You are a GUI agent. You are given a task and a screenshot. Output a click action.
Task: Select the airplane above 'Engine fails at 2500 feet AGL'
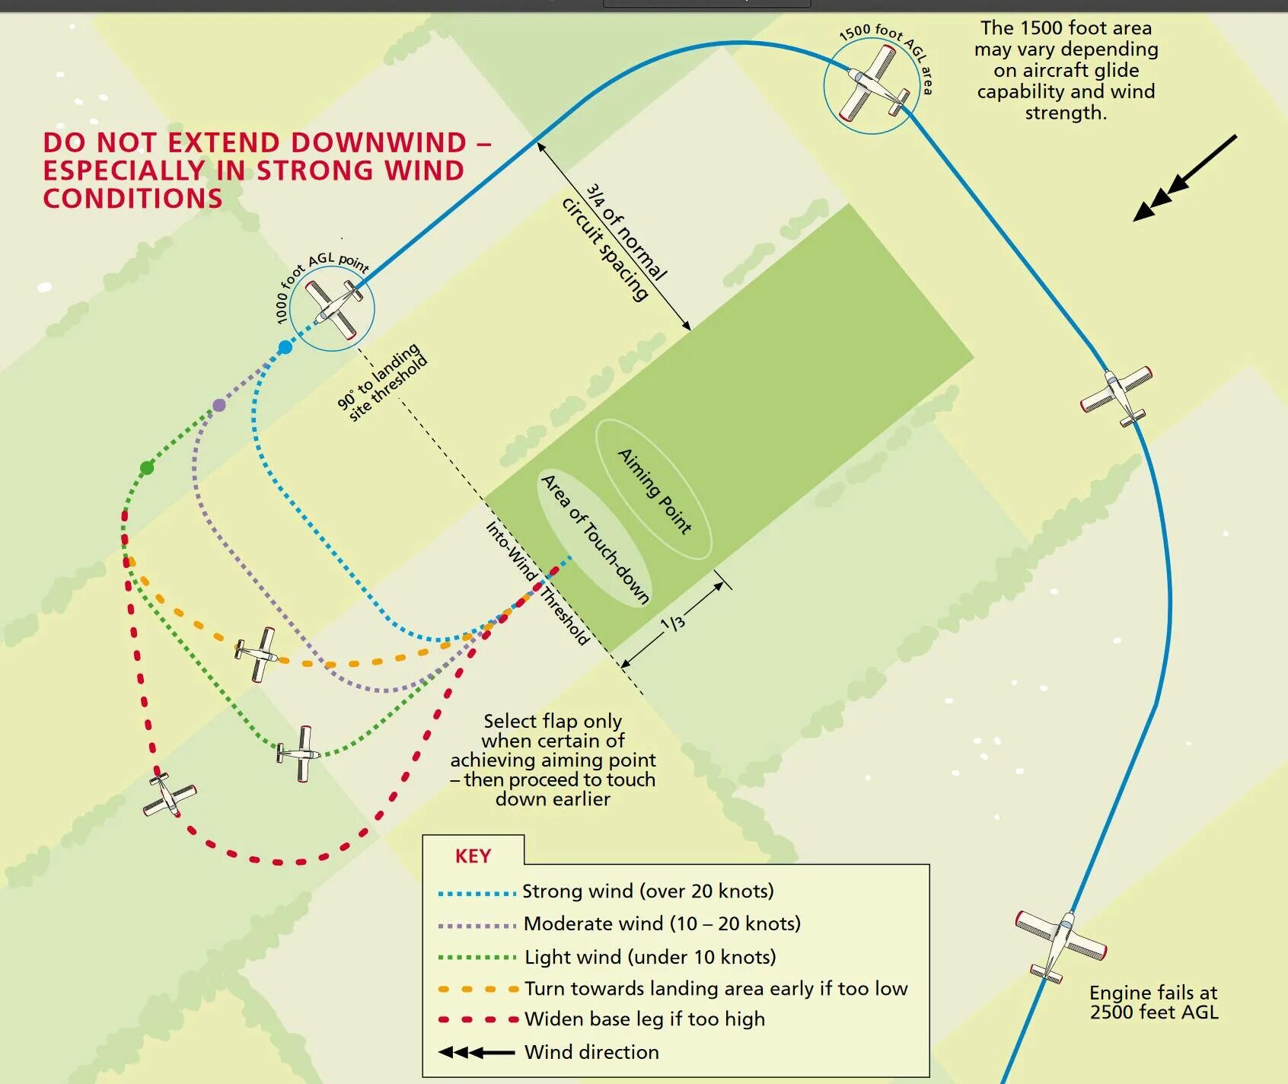pos(1060,944)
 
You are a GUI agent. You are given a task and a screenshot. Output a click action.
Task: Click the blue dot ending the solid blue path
pos(285,347)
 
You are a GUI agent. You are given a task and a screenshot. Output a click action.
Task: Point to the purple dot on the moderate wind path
pos(219,405)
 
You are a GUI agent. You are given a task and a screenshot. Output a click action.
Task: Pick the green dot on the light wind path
pos(147,467)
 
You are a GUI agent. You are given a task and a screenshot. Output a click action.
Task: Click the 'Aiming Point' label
pos(654,491)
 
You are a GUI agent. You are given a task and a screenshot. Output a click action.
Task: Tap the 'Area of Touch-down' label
pos(595,538)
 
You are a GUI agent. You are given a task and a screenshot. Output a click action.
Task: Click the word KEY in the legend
pos(473,856)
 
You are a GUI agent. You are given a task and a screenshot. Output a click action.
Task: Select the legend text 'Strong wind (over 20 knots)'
pos(648,891)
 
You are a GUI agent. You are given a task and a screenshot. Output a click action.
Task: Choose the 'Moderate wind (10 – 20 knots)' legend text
pos(662,923)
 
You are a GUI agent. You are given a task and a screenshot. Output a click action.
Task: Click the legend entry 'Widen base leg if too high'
pos(645,1019)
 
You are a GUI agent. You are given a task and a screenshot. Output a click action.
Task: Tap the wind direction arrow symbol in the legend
pos(477,1052)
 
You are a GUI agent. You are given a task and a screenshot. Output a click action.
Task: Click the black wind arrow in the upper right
pos(1184,178)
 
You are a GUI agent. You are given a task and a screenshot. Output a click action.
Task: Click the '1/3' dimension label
pos(673,623)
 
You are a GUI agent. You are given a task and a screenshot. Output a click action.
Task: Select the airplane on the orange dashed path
pos(257,653)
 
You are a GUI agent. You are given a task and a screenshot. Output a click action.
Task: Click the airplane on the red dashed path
pos(169,795)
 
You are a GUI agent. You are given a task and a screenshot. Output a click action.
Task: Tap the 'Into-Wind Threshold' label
pos(537,583)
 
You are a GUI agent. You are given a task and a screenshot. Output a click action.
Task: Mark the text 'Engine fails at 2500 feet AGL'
pos(1153,1002)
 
